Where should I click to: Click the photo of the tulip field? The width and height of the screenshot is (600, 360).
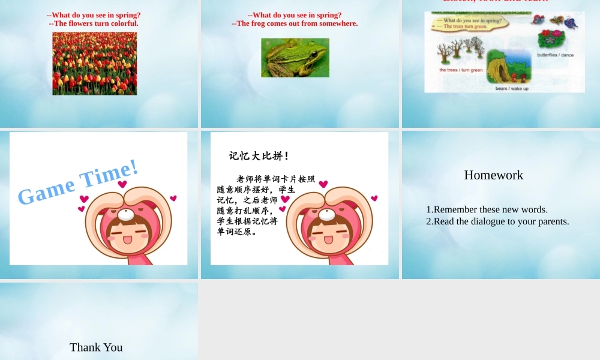[x=94, y=63]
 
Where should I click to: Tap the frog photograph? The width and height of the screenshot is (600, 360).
[x=295, y=58]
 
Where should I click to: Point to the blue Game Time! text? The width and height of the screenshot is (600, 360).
[x=78, y=181]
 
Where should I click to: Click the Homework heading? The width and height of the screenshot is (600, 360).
[x=493, y=175]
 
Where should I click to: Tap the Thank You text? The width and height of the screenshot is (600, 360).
[x=96, y=347]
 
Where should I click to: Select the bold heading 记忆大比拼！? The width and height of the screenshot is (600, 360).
[x=259, y=156]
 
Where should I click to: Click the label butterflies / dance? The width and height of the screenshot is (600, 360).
[x=555, y=55]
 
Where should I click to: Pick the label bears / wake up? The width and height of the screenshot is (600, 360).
[x=512, y=89]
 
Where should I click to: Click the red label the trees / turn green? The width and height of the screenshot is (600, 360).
[x=461, y=70]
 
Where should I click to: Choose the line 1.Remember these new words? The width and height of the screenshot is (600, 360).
[x=487, y=209]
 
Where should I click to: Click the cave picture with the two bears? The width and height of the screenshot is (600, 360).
[x=509, y=67]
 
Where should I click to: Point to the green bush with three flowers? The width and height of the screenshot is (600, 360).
[x=551, y=39]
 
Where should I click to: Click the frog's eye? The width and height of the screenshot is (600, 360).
[x=314, y=54]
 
